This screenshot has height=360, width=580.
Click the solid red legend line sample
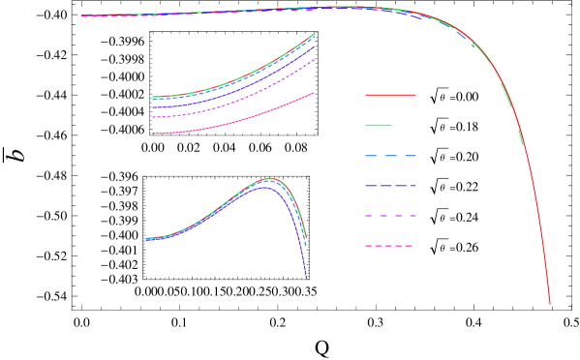coord(390,95)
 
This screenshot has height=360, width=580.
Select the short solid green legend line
coord(379,125)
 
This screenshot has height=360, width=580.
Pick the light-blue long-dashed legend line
coord(390,156)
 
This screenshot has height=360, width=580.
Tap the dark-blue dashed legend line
coord(390,186)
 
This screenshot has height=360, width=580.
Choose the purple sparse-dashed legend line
coord(390,216)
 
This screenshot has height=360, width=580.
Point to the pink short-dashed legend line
coord(388,246)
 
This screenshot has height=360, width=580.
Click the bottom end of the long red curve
coord(550,304)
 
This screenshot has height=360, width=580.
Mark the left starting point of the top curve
coord(82,15)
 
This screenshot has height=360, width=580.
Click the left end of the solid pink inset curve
coord(154,134)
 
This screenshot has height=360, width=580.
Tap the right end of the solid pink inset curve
coord(313,94)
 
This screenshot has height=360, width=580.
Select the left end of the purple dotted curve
coord(154,117)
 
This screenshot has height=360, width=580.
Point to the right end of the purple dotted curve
coord(315,59)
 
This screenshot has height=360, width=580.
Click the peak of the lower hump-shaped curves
coord(269,179)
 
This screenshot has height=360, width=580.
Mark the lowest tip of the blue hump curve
coord(306,277)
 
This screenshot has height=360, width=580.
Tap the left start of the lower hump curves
coord(146,238)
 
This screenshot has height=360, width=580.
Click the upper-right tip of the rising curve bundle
coord(315,35)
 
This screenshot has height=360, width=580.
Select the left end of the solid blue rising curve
coord(154,107)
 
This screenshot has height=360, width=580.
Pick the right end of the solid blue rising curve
coord(315,46)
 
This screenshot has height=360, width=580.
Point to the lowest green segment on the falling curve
coord(521,137)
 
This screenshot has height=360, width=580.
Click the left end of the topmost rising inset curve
coord(154,97)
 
